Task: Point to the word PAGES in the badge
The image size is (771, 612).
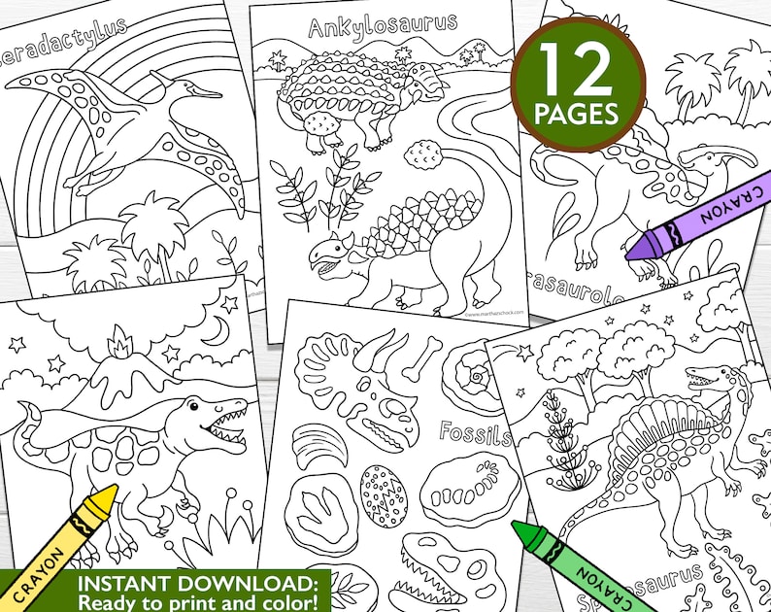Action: (580, 115)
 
